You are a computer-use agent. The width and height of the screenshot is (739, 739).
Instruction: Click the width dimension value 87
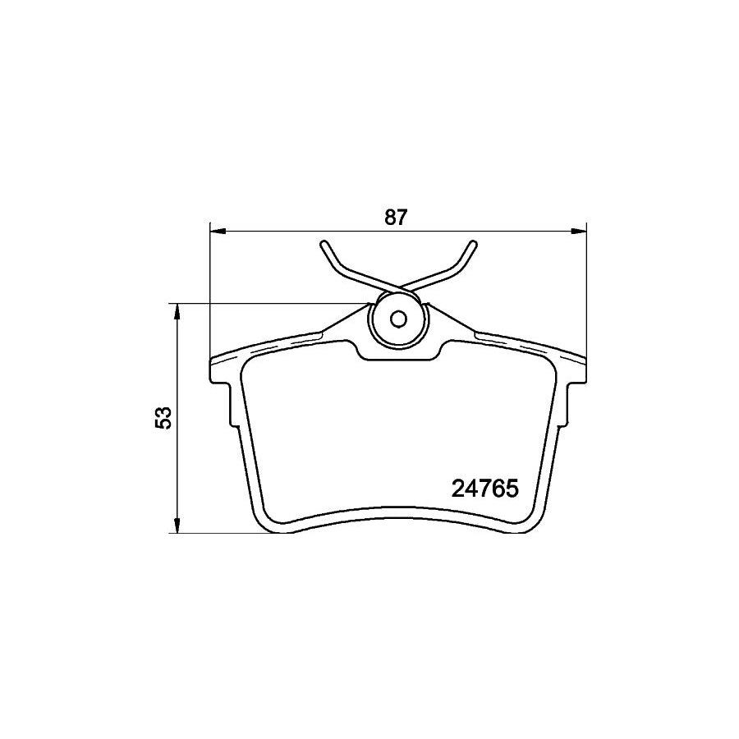(396, 217)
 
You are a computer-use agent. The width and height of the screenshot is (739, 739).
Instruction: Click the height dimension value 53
(164, 417)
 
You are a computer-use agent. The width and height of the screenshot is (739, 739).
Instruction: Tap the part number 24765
(485, 489)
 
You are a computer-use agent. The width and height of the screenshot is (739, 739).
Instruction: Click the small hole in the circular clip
(399, 319)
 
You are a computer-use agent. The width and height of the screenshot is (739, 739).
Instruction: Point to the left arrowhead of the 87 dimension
(218, 231)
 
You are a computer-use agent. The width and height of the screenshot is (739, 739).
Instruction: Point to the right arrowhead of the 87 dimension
(578, 231)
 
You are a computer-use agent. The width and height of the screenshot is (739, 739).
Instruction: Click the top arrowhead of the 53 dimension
(177, 312)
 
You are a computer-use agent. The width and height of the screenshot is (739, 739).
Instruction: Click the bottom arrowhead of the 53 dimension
(177, 525)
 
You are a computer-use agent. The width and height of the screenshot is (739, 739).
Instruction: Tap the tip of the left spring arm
(324, 244)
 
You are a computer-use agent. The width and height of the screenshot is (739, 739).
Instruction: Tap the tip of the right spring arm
(474, 244)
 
